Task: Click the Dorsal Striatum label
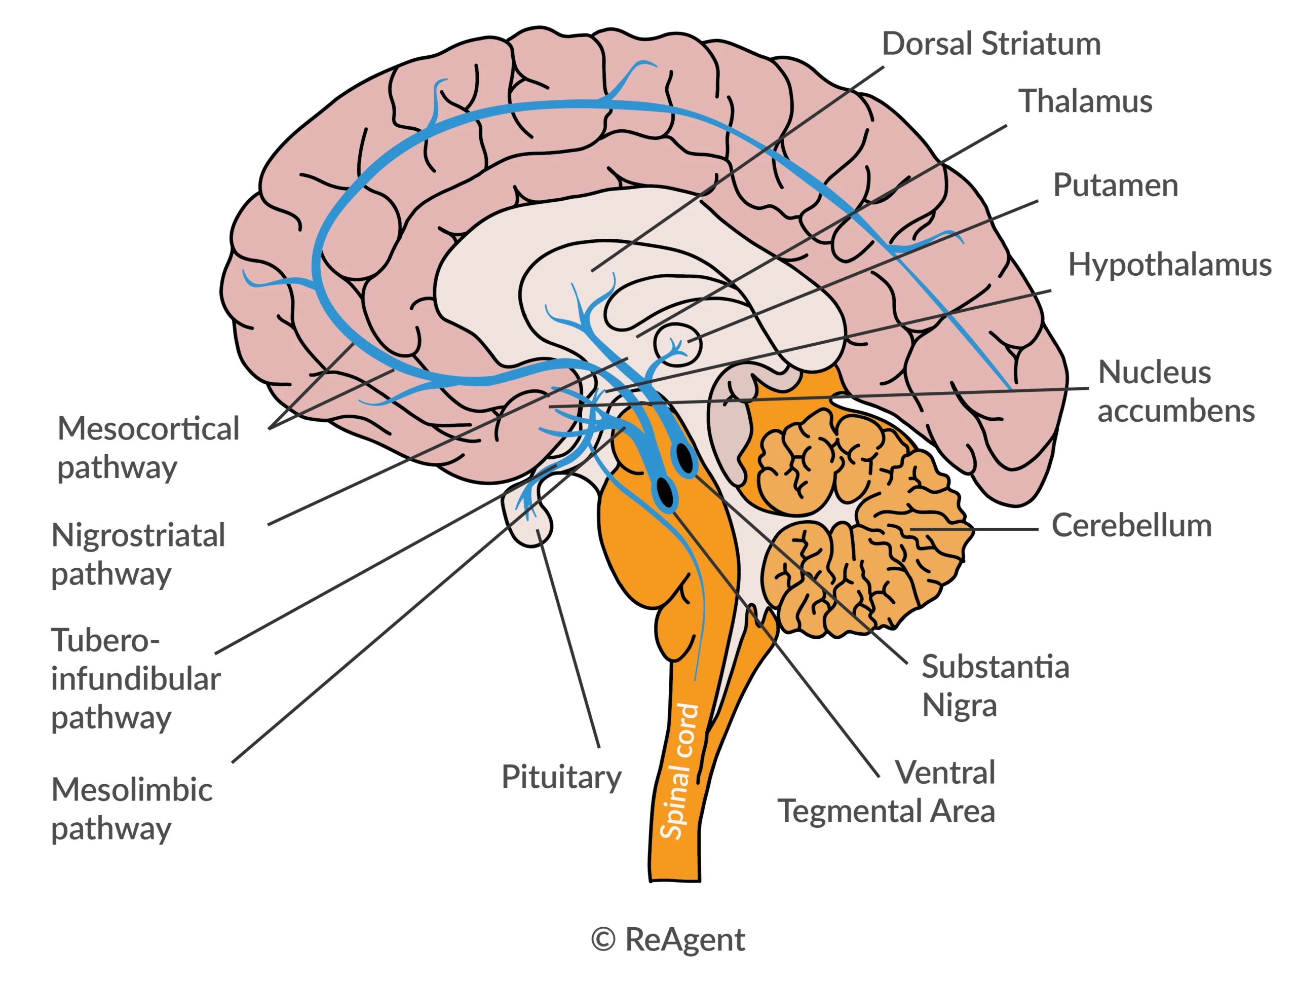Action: coord(991,44)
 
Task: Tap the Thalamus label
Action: coord(1085,101)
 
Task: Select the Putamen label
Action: coord(1115,186)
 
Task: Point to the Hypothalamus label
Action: coord(1169,265)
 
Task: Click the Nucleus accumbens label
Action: coord(1175,391)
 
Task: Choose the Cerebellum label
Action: coord(1131,526)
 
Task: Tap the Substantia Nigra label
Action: coord(995,686)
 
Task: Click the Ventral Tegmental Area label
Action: coord(914,792)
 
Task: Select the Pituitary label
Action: coord(561,777)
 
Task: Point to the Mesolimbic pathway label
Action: coord(131,809)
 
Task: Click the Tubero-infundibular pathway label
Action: coord(135,679)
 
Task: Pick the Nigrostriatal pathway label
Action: coord(138,555)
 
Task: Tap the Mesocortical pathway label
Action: coord(148,448)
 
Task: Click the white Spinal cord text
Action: coord(679,771)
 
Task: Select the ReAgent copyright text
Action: coord(668,940)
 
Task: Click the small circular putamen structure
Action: coord(678,344)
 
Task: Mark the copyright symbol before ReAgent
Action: coord(603,940)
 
